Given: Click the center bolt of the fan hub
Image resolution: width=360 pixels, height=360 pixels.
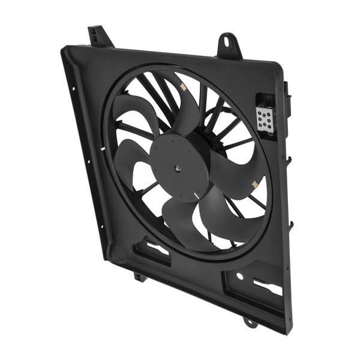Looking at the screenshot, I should click(x=178, y=170).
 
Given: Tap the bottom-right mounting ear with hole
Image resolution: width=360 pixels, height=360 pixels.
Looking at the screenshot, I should click(x=250, y=323).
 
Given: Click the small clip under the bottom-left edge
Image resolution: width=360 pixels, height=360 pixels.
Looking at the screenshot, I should click(x=139, y=277).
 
